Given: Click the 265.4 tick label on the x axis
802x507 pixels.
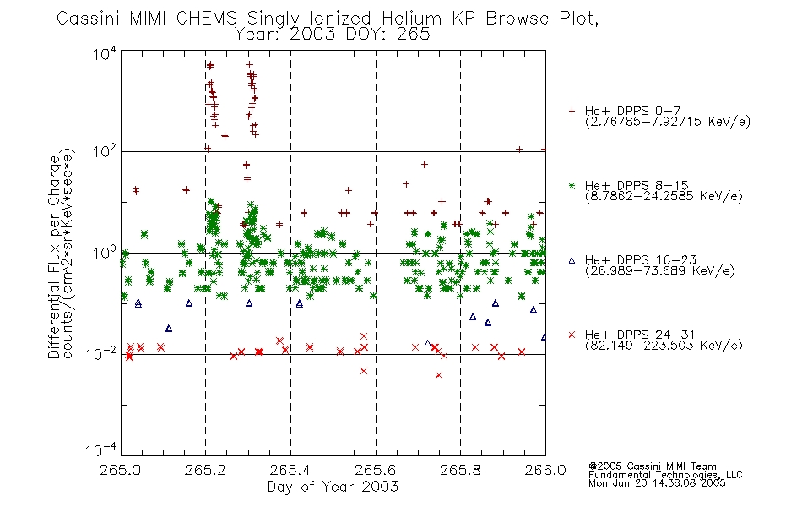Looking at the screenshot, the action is click(290, 470).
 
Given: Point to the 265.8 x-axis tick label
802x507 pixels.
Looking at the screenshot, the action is click(460, 470).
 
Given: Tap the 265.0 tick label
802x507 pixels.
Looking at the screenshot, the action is click(121, 470).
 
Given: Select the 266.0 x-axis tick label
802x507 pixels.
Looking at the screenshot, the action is click(545, 470).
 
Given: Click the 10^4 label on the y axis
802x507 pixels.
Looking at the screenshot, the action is click(105, 54).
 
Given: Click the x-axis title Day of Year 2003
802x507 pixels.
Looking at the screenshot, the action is click(333, 487).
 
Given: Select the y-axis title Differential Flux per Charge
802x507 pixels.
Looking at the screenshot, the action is click(55, 257).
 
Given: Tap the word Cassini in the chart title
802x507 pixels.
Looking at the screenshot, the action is click(88, 19).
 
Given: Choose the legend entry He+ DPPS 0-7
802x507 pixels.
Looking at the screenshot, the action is click(632, 111).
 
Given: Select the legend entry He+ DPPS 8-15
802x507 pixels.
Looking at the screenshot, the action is click(637, 185).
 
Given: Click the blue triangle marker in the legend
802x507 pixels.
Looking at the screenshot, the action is click(572, 260).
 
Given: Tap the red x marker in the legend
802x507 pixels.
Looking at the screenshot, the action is click(572, 335).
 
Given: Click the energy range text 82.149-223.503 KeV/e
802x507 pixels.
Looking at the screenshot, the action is click(664, 346).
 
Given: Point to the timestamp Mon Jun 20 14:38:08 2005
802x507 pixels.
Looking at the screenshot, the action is click(657, 483).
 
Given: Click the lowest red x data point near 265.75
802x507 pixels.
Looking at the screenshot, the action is click(439, 375).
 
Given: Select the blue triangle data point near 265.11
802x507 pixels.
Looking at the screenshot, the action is click(169, 329).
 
